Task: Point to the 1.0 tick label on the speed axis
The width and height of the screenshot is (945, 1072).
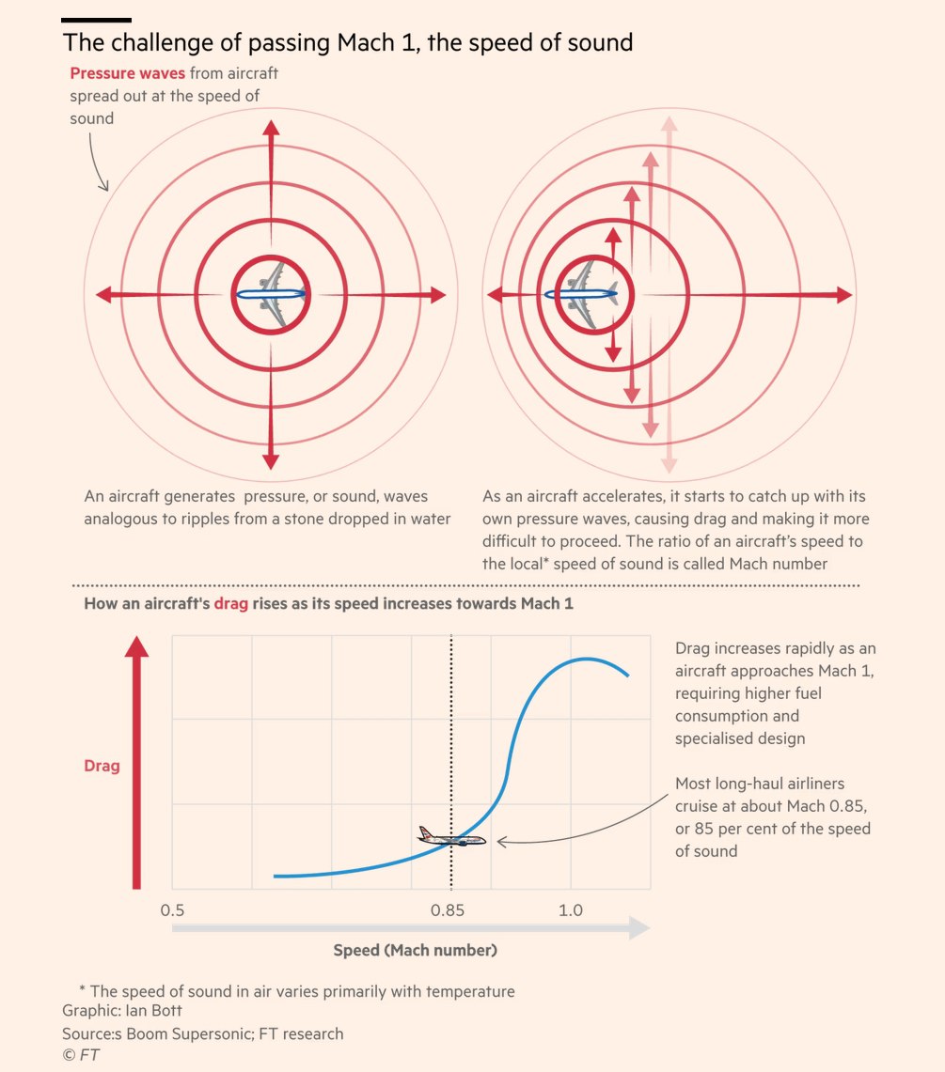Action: [x=570, y=910]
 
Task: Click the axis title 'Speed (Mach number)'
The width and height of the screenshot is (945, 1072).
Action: [x=415, y=950]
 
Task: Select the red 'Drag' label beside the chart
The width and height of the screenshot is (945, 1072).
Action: [x=102, y=766]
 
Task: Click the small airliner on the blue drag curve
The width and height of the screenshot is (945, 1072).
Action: [x=452, y=838]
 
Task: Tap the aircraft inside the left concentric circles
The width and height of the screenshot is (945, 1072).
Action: [x=271, y=294]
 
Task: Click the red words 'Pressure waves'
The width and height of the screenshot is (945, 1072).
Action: [x=128, y=73]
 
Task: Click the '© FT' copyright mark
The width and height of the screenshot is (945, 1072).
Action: [x=81, y=1055]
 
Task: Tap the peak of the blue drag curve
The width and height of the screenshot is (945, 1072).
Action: [x=587, y=659]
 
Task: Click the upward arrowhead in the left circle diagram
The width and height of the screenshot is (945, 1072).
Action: [x=271, y=131]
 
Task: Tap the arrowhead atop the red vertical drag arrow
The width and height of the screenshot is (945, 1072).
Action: [x=137, y=647]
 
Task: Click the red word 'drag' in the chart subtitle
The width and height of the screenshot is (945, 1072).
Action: [x=230, y=604]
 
